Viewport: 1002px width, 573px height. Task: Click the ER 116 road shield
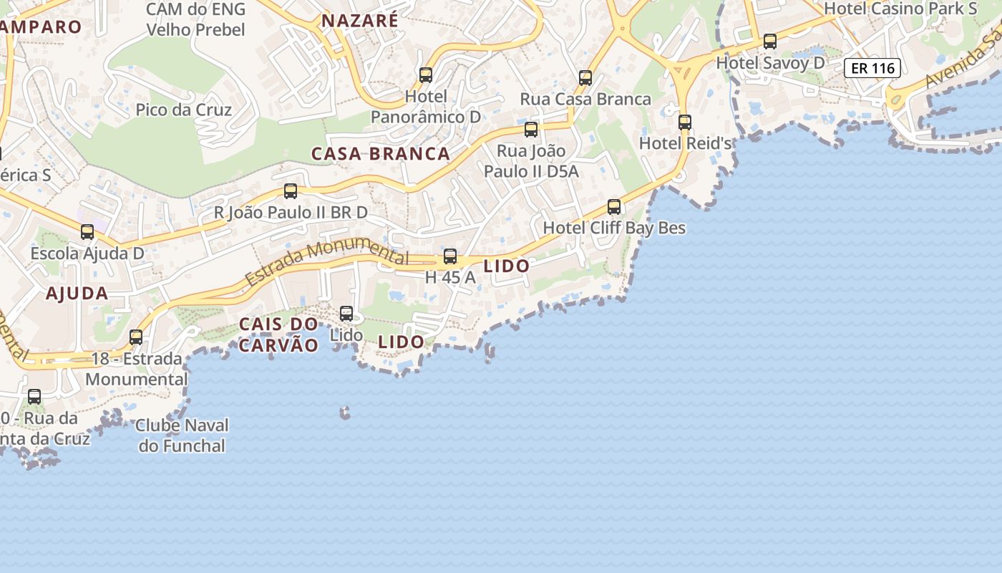[872, 69]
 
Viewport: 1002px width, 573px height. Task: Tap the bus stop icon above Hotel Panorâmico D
[426, 74]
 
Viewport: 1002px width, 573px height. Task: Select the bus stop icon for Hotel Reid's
[685, 122]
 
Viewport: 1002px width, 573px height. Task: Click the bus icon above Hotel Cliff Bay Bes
[614, 207]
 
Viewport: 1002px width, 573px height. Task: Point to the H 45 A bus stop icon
[450, 256]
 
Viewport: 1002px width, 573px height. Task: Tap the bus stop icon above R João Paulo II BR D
[291, 191]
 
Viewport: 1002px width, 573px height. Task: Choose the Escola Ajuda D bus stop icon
[87, 232]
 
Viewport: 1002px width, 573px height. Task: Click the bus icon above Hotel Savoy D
[770, 42]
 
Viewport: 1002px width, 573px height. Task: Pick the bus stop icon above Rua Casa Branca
[585, 77]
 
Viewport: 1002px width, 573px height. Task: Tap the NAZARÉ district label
[359, 21]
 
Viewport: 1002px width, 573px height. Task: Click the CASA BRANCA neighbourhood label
[381, 154]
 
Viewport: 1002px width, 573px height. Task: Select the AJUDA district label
[77, 293]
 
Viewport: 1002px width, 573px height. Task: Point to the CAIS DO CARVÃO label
[278, 334]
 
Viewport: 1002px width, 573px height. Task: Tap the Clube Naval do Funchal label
[182, 435]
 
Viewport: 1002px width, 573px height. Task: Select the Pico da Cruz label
[184, 110]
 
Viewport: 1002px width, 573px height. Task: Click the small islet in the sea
[345, 413]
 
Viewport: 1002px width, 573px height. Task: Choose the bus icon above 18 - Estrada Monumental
[136, 337]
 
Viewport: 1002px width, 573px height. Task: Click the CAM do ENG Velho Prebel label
[195, 19]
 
